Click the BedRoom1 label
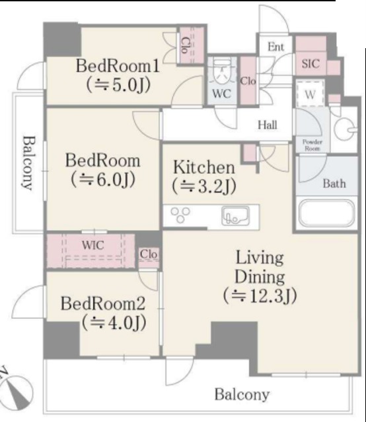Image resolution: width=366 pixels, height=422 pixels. (x=118, y=66)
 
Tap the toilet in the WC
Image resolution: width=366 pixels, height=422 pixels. (x=222, y=71)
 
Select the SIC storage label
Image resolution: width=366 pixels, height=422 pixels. (x=311, y=64)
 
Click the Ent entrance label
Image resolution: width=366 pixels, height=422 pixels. (x=275, y=47)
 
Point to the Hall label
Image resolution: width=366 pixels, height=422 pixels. (x=268, y=125)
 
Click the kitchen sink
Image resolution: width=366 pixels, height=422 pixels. (x=235, y=216)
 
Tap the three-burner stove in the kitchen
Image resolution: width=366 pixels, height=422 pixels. (x=180, y=215)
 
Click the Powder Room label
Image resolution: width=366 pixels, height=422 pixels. (x=312, y=145)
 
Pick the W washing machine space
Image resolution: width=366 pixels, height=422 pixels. (x=310, y=94)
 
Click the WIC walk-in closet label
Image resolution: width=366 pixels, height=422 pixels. (x=92, y=245)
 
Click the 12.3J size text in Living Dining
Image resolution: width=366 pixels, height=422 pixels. (x=260, y=296)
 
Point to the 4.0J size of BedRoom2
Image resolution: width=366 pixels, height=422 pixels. (x=114, y=322)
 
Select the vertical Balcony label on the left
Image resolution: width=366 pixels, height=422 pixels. (x=28, y=163)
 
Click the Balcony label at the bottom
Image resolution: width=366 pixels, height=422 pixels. (x=242, y=394)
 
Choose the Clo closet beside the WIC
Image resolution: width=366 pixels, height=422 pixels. (x=149, y=254)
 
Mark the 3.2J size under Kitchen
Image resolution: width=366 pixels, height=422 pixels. (x=204, y=186)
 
